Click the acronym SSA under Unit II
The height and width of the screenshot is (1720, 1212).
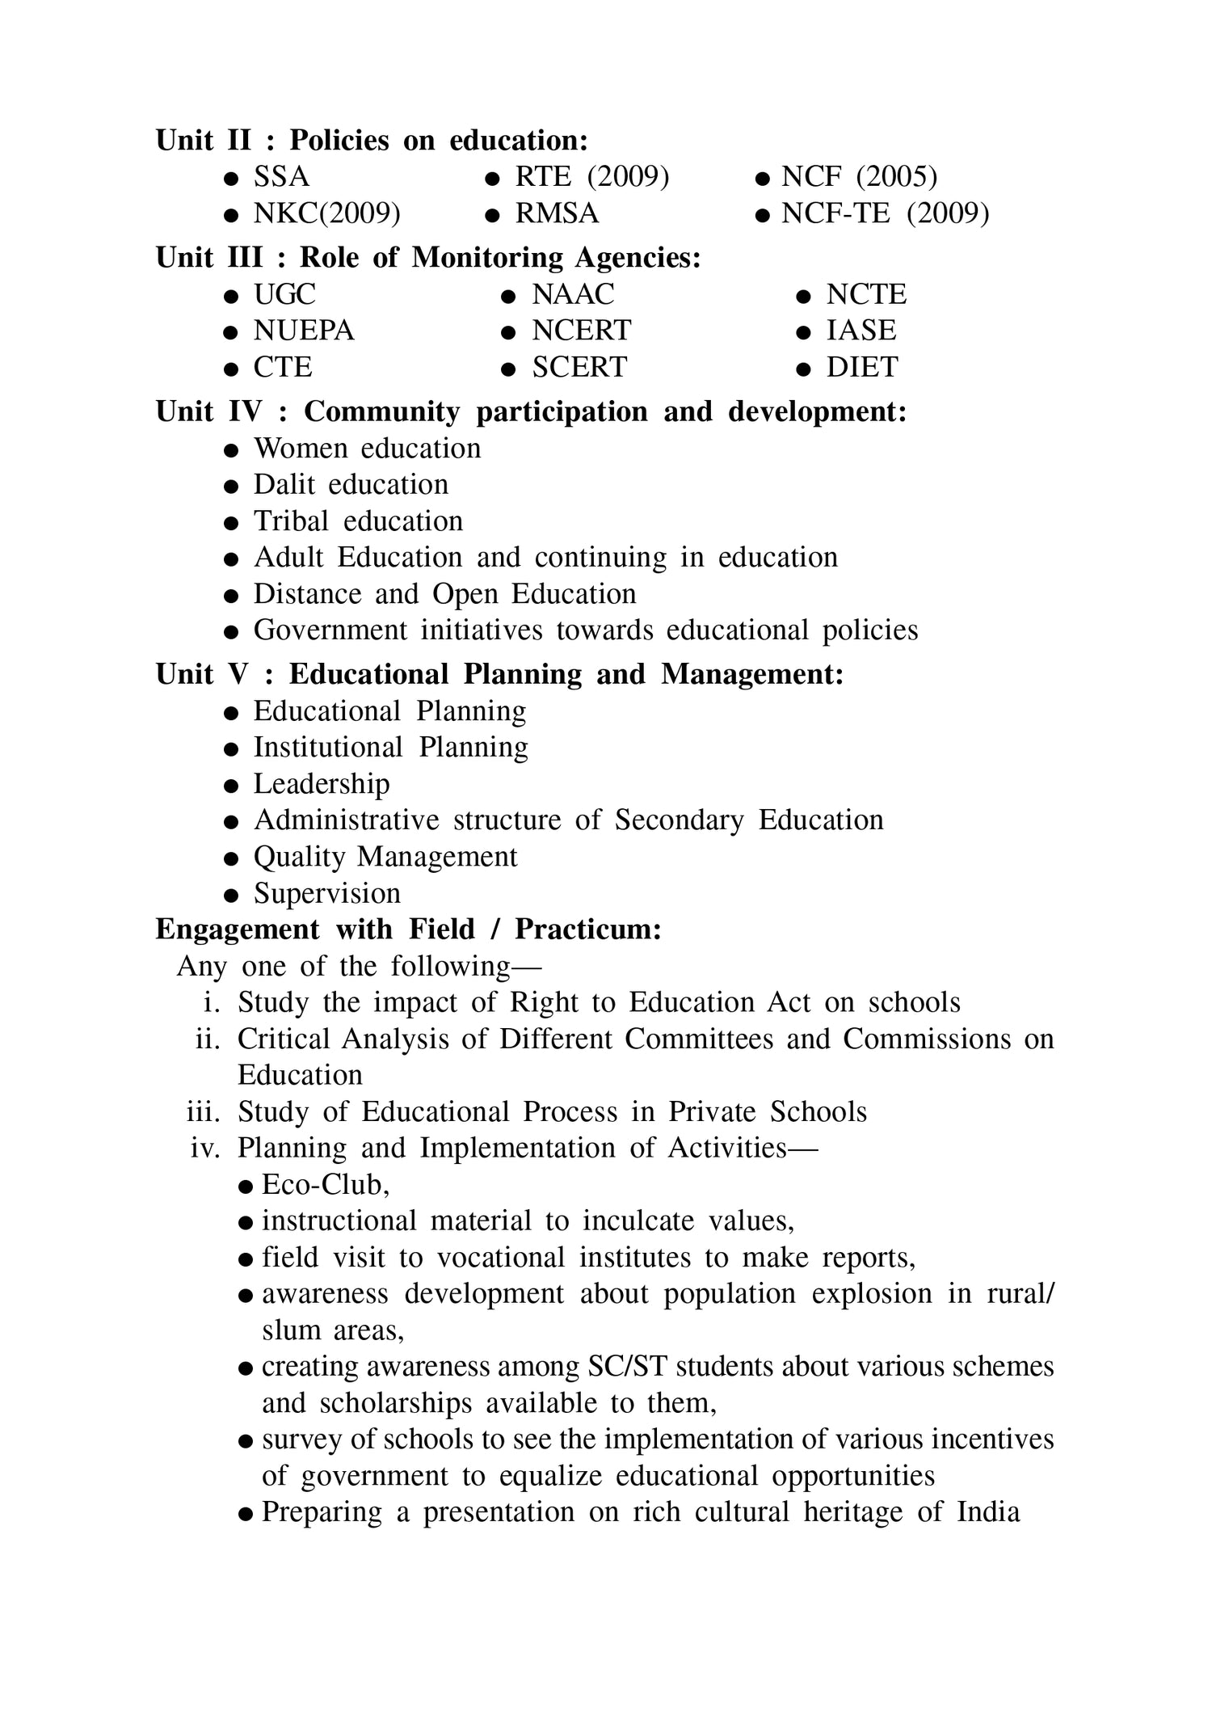(281, 177)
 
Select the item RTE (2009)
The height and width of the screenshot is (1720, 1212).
(592, 177)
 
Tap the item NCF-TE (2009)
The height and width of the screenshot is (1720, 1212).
(885, 213)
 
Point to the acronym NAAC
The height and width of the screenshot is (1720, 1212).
(573, 294)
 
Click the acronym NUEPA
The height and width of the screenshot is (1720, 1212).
(304, 331)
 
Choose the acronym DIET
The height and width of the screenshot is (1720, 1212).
(861, 367)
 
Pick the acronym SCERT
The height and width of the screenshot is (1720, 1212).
(579, 367)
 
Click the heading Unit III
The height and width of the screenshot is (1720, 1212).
(209, 258)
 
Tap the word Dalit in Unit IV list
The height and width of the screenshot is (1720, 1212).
(284, 485)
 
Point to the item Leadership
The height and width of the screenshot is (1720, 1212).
(322, 784)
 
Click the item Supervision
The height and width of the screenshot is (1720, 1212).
(326, 893)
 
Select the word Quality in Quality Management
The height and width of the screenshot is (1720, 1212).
(299, 857)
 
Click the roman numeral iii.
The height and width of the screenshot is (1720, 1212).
(203, 1112)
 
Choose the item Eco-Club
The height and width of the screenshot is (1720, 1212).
(325, 1185)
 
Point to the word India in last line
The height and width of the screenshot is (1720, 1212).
(988, 1512)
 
